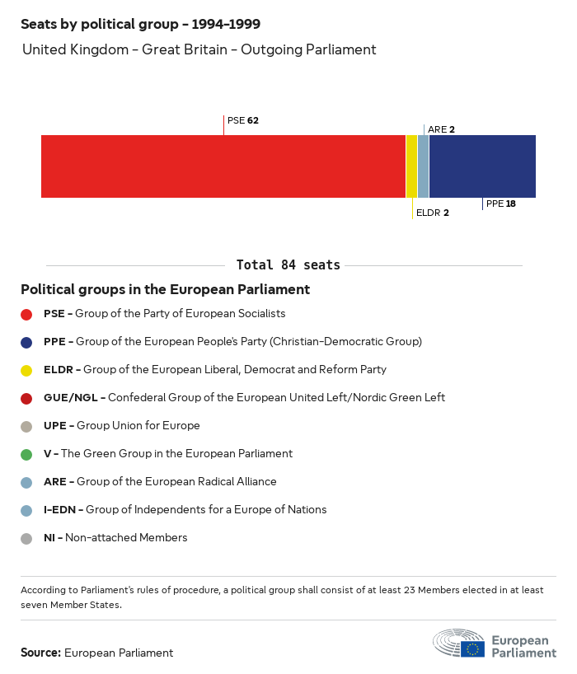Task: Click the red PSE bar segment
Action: (223, 166)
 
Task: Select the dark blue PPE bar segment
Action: (482, 166)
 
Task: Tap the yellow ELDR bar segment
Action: (411, 166)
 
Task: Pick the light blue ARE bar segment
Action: (423, 166)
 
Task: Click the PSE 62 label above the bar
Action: (242, 120)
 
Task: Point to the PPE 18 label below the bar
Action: (500, 204)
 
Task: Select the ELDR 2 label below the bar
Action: (432, 213)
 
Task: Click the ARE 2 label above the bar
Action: (441, 129)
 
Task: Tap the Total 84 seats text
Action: (288, 264)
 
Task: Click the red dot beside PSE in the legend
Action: (26, 314)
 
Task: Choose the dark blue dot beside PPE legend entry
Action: (26, 342)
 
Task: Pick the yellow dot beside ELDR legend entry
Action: (26, 370)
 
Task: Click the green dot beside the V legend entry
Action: (26, 454)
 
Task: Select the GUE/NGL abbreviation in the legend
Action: (73, 397)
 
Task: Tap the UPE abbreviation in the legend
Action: (58, 425)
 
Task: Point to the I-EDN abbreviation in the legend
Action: (63, 509)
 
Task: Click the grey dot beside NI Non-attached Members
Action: (26, 538)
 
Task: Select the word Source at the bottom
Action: (40, 653)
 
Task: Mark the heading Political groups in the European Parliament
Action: (165, 289)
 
